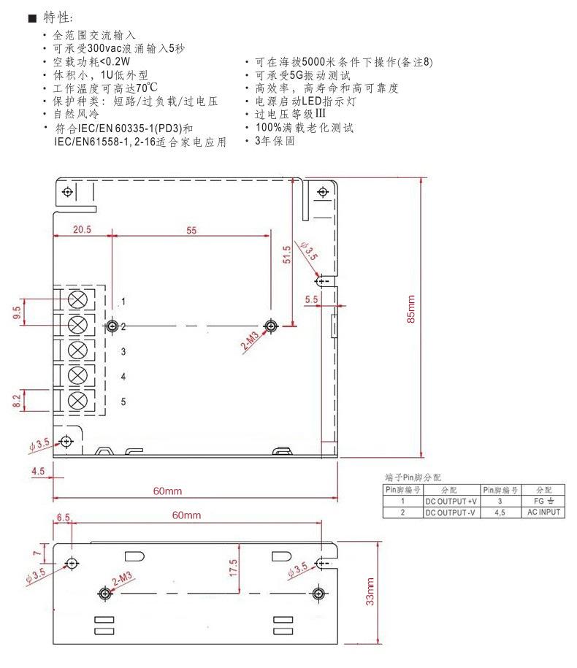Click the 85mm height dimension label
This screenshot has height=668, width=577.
tap(410, 309)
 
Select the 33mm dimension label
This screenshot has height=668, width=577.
tap(370, 591)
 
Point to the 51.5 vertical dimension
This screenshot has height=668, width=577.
tap(287, 254)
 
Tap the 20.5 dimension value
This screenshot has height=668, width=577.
tap(82, 229)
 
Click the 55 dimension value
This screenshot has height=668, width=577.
tap(191, 231)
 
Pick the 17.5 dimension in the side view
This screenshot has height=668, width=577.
tap(233, 568)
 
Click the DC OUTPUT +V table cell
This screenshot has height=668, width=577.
tap(451, 502)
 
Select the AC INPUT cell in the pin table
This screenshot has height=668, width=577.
tap(543, 512)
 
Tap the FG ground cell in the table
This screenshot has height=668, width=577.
tap(543, 502)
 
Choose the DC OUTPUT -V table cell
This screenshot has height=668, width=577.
tap(451, 512)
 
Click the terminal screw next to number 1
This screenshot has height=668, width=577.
tap(77, 299)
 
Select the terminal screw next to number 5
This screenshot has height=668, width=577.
tap(77, 401)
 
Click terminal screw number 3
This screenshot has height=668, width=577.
tap(77, 350)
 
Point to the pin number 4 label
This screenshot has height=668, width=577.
tap(123, 377)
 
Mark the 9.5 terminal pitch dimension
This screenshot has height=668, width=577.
tap(17, 312)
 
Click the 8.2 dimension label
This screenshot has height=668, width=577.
tap(17, 401)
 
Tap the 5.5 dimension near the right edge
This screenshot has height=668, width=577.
tap(312, 299)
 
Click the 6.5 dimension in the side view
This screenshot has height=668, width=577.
tap(63, 517)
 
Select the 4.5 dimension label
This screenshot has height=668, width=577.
tap(38, 471)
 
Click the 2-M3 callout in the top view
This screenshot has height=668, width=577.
tap(250, 341)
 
